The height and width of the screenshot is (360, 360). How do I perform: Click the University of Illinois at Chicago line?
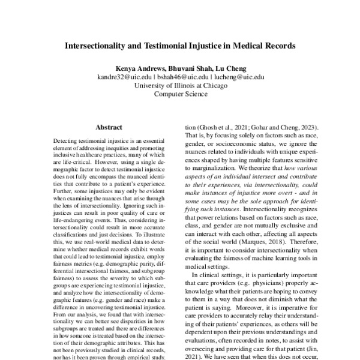(x=180, y=85)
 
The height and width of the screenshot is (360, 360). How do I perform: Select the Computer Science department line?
(x=180, y=94)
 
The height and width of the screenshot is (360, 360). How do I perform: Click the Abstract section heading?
(x=109, y=127)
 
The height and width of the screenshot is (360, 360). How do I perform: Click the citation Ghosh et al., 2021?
(x=221, y=127)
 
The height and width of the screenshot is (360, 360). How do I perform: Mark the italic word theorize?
(x=259, y=162)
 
